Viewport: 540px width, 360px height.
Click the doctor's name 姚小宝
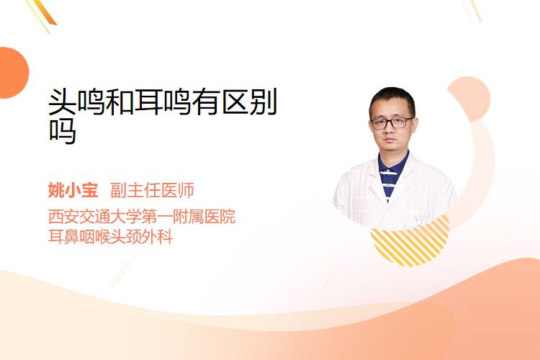click(x=73, y=191)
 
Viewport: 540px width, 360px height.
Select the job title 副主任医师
click(x=152, y=191)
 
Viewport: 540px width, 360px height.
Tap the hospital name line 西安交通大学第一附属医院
click(x=142, y=217)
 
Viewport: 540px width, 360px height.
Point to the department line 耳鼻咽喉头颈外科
click(x=111, y=237)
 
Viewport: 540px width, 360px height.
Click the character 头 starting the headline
click(x=63, y=102)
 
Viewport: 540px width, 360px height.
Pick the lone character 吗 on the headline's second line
click(x=63, y=130)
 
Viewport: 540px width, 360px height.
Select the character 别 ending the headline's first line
click(x=264, y=102)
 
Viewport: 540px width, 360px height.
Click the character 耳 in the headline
click(x=148, y=102)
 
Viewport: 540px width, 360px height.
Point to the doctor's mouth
click(x=390, y=140)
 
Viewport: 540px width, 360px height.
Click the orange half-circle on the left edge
click(x=14, y=73)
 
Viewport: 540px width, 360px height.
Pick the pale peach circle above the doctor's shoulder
click(x=469, y=99)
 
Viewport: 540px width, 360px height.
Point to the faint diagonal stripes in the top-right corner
click(x=472, y=9)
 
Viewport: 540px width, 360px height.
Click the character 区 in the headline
click(x=235, y=102)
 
